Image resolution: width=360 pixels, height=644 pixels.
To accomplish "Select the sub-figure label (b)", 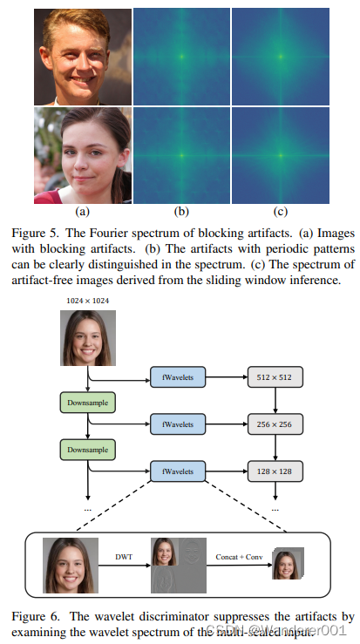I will [180, 210].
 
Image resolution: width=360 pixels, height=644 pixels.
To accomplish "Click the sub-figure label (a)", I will [83, 210].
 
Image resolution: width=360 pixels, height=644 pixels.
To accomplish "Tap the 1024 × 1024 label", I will [88, 301].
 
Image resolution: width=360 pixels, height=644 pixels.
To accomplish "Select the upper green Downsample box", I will [87, 403].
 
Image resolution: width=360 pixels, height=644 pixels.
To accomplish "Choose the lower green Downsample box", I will [87, 450].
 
